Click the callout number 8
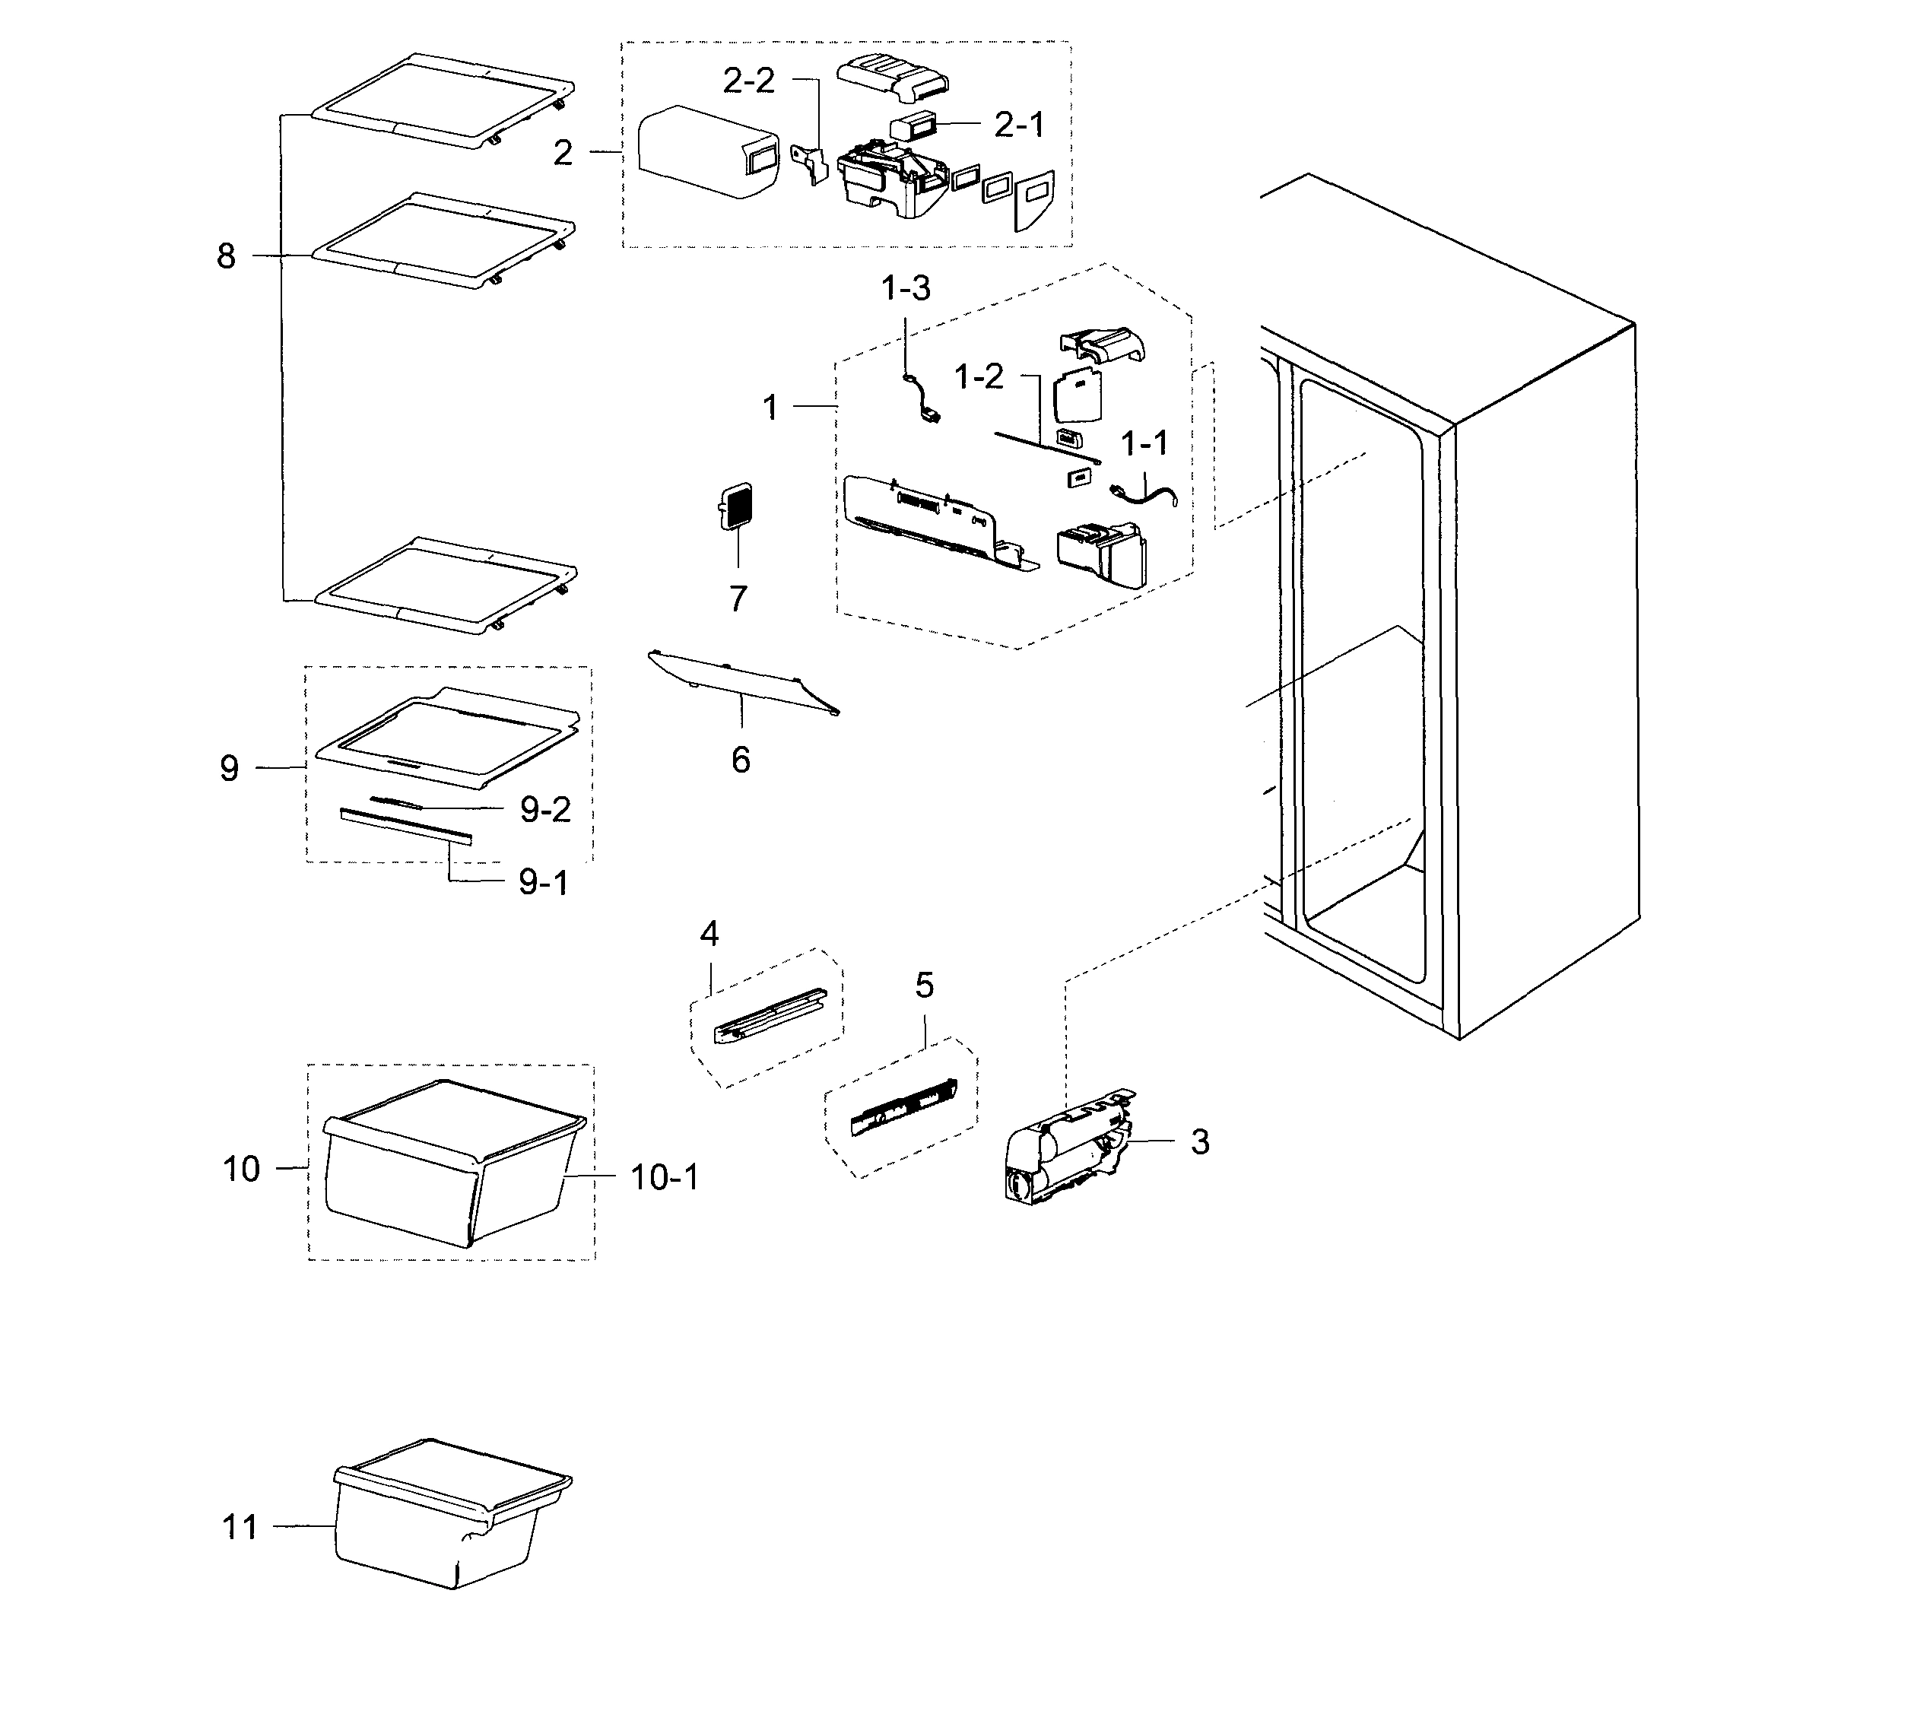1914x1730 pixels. (x=226, y=256)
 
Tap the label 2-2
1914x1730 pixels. (x=748, y=81)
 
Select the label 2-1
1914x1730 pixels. (x=1019, y=125)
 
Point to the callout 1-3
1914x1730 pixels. (x=906, y=289)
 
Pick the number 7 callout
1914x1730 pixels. (x=738, y=599)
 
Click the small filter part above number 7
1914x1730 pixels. (x=737, y=506)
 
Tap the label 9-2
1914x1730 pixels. (x=545, y=810)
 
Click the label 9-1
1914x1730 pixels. (x=543, y=883)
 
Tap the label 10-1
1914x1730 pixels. (x=665, y=1179)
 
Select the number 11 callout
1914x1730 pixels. (x=240, y=1527)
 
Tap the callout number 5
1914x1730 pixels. (x=924, y=986)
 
